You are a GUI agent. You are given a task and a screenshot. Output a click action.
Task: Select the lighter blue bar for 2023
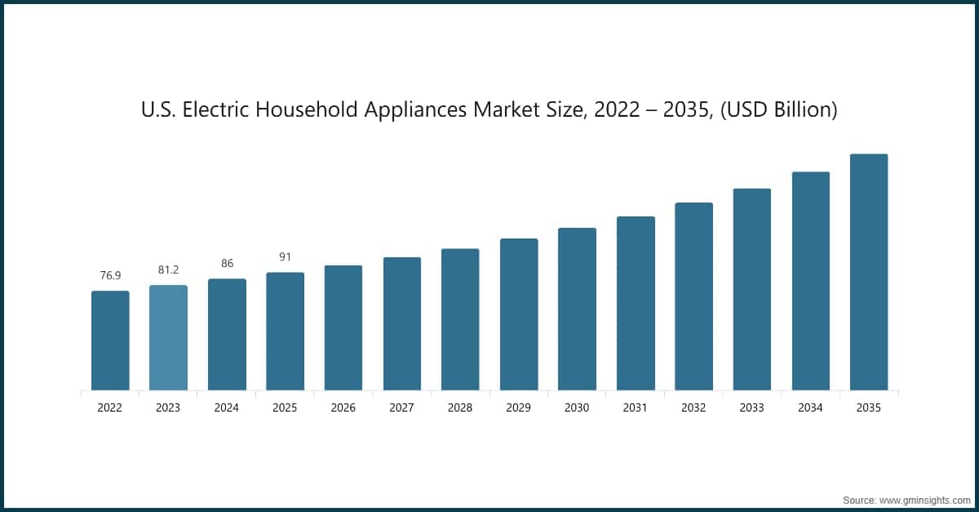168,337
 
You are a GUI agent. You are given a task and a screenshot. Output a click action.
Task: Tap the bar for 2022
110,341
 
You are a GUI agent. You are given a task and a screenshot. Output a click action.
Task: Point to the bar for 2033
751,289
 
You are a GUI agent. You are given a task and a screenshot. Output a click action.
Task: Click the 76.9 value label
110,276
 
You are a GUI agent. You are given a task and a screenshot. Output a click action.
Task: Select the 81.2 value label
168,269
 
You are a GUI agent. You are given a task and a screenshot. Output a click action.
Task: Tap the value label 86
227,264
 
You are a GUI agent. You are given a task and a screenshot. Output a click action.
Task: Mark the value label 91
285,257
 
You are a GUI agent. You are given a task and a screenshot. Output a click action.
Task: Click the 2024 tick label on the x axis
227,407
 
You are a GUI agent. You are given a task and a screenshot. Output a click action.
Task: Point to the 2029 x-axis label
518,407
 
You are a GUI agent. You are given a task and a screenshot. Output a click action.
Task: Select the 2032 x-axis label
693,407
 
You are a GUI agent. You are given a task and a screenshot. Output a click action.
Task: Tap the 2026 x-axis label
343,407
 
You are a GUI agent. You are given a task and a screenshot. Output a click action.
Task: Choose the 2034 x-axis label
810,407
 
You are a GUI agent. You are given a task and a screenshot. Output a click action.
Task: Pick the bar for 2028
460,319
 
